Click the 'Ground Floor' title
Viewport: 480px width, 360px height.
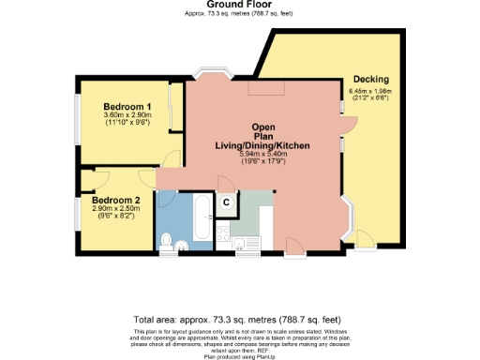239,5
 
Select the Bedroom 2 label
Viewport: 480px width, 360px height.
115,200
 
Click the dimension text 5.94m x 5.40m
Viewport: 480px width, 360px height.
262,154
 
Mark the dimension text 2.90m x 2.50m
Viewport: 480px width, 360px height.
116,209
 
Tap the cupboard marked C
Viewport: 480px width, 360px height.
227,200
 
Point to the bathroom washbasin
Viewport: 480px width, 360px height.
182,245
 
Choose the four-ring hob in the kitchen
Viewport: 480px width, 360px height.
223,232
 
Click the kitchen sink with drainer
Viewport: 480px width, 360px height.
247,244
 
